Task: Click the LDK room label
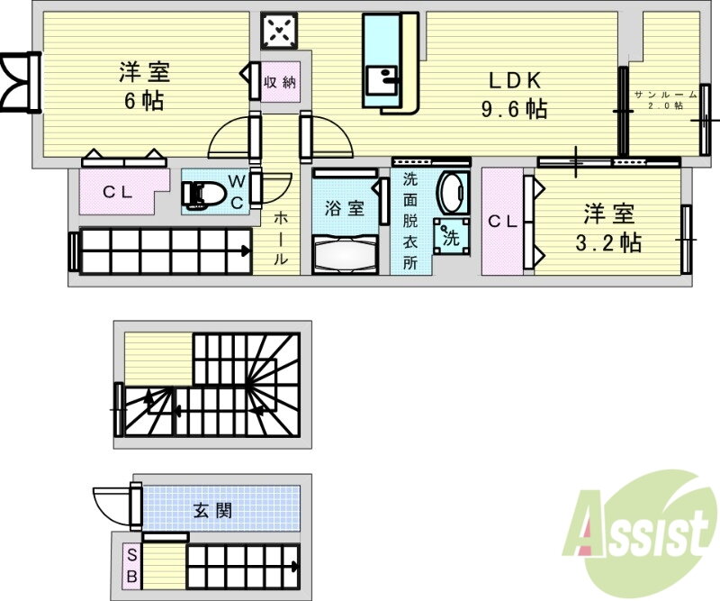515,81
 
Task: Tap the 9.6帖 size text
514,109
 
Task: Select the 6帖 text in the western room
144,100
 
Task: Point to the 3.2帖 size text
608,241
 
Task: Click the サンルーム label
665,95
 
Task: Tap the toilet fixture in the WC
202,194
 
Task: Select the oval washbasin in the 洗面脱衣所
452,193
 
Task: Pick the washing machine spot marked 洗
452,237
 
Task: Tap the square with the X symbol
279,31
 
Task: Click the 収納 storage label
280,82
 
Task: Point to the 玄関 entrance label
212,510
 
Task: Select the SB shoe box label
131,565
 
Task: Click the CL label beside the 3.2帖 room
503,222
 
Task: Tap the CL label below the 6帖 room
118,191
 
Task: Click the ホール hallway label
281,238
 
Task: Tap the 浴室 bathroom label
345,208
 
